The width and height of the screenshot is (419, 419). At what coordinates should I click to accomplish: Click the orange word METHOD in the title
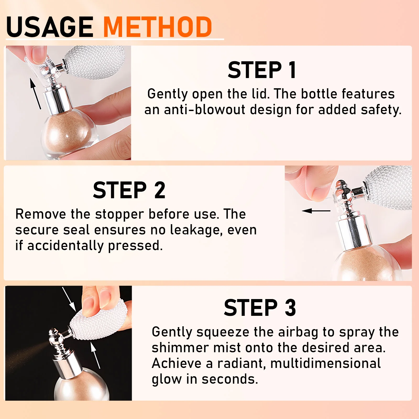(158, 27)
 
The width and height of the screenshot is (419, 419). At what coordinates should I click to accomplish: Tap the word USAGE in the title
(50, 27)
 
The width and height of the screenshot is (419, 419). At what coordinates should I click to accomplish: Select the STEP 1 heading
(262, 70)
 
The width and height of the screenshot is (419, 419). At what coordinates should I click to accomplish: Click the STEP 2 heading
(129, 190)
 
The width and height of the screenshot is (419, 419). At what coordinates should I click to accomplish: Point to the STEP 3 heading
(260, 308)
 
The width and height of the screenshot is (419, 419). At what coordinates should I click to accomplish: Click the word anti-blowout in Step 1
(205, 109)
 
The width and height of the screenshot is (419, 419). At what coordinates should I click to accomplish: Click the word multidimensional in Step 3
(326, 363)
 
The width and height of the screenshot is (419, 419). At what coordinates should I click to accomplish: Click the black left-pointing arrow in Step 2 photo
(316, 211)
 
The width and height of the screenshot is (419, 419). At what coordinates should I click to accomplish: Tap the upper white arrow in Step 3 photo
(69, 299)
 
